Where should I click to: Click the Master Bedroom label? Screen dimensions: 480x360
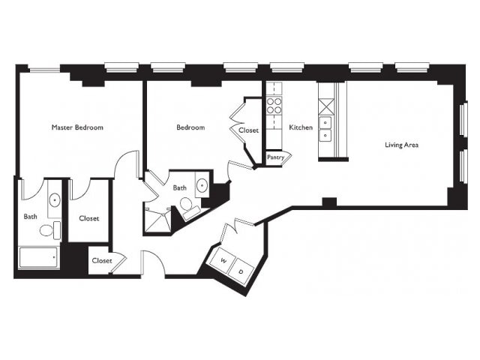point(77,127)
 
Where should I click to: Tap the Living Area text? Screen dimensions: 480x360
point(402,145)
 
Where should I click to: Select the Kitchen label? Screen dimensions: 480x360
point(301,127)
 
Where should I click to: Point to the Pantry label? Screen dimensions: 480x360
point(275,157)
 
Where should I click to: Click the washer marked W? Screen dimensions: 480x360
point(223,260)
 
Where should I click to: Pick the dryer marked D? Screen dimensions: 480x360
point(241,271)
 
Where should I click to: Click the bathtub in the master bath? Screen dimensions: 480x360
point(38,257)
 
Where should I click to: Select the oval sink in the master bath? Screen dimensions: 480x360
point(55,200)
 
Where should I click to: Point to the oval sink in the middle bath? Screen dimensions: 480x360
point(202,185)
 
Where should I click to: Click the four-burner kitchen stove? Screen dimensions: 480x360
point(274,105)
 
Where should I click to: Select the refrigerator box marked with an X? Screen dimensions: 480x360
point(325,106)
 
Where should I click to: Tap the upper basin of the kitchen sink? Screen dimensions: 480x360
point(325,123)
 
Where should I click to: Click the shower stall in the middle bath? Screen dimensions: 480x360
point(157,220)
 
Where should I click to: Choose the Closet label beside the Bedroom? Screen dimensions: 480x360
point(248,130)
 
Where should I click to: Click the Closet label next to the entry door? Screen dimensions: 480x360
point(102,260)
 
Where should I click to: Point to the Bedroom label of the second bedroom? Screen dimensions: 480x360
point(190,127)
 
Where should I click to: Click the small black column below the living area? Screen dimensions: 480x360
point(329,202)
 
